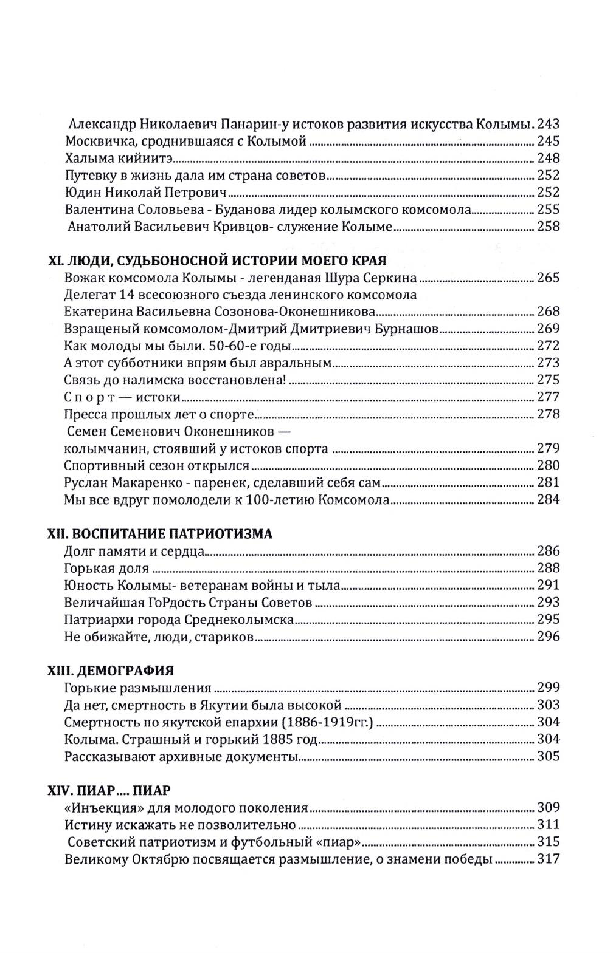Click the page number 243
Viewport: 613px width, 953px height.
tap(548, 125)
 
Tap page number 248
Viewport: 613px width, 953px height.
tap(548, 159)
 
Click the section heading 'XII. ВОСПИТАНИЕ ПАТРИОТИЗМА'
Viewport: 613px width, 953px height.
tap(160, 534)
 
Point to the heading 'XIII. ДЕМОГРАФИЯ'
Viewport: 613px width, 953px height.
tap(111, 671)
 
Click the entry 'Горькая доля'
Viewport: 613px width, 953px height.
tap(106, 569)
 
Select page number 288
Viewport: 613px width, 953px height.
tap(548, 569)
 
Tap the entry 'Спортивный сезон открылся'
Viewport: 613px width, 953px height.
tap(156, 466)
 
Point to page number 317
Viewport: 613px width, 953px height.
tap(548, 859)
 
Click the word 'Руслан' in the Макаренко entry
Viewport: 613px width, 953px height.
tap(85, 483)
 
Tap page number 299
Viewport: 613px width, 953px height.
tap(548, 688)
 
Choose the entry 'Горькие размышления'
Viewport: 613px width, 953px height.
tap(137, 688)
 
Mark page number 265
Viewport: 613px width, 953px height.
tap(548, 279)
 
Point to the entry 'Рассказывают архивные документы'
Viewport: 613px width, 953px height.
tap(179, 757)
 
